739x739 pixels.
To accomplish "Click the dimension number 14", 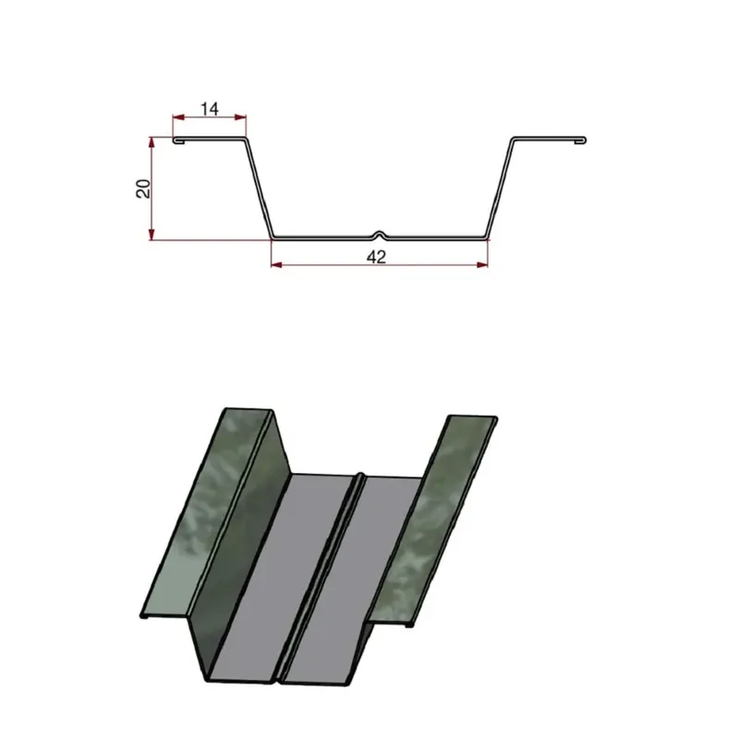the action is (210, 109).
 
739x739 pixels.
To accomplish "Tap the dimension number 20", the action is (143, 188).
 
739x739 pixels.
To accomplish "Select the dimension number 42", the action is (376, 257).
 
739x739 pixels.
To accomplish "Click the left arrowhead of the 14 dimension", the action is (178, 117).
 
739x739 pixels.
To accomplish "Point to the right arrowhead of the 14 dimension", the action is (240, 117).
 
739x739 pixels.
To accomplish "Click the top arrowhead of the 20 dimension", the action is (151, 143).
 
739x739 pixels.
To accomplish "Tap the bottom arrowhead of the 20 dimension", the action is (151, 234).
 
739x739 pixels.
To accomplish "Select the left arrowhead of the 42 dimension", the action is (277, 265).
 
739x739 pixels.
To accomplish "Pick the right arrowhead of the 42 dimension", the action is (482, 265).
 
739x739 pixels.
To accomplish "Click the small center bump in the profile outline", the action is (380, 234).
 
